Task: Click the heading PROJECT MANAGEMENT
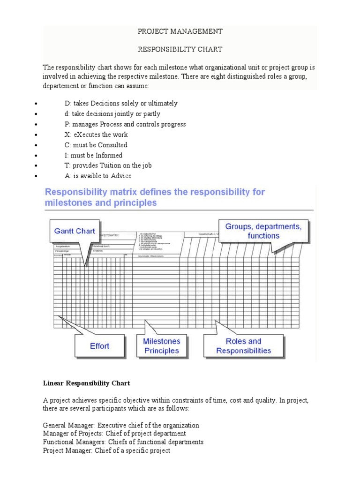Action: (180, 31)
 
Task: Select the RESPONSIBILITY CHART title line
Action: (180, 49)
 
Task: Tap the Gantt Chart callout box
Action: (75, 231)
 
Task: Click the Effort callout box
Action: (99, 346)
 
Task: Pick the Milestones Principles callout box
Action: (161, 346)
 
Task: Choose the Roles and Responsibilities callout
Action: (243, 346)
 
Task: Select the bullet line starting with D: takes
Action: (121, 104)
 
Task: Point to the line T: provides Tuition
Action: (108, 165)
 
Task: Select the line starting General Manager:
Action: (121, 425)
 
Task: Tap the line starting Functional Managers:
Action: (123, 442)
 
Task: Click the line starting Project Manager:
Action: (106, 450)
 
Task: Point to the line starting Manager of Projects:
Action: (114, 434)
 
